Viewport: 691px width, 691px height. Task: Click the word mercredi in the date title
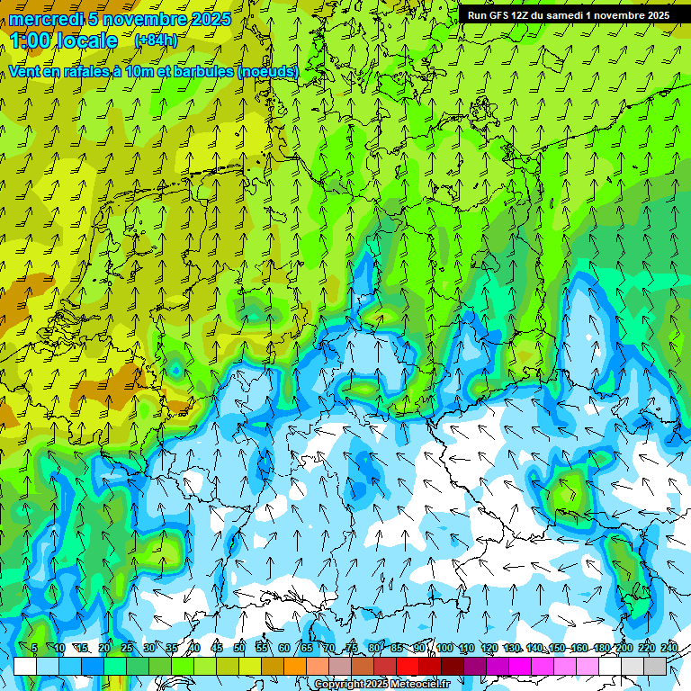pos(48,19)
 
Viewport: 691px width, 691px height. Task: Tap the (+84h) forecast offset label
pos(156,40)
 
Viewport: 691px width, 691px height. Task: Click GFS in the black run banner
pos(498,15)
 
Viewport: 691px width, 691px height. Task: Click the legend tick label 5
pos(34,649)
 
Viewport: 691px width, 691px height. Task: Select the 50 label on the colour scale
pos(239,649)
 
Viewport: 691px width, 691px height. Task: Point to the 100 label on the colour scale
pos(444,649)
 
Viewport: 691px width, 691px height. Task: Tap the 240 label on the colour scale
pos(669,649)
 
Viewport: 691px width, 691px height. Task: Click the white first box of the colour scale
pos(25,666)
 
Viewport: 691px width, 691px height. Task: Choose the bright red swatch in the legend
pos(408,666)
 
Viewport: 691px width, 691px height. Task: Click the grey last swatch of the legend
pos(655,666)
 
